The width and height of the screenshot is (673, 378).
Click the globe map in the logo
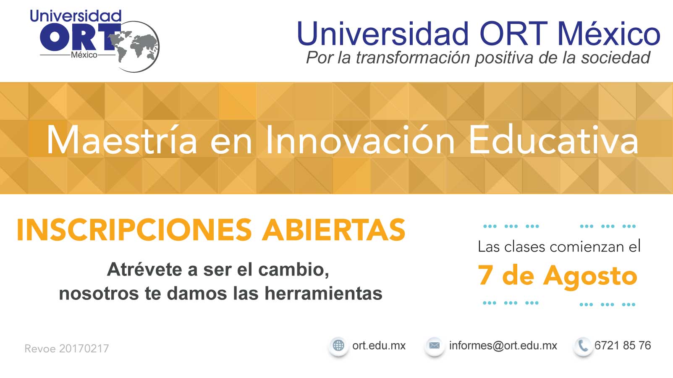(134, 47)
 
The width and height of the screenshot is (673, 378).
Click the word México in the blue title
(609, 33)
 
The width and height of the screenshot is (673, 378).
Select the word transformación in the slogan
(413, 58)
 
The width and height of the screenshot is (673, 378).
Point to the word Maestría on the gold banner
(122, 140)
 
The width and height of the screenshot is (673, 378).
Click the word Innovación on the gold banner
(360, 140)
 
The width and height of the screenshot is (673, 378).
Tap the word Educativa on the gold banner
(553, 140)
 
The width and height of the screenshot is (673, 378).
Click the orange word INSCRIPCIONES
(134, 230)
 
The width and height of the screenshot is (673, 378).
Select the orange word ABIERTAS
(333, 230)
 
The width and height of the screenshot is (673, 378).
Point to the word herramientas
(323, 293)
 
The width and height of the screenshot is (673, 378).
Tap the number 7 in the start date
(485, 275)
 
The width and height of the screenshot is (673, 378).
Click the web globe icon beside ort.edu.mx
(339, 345)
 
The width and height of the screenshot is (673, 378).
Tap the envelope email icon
(435, 345)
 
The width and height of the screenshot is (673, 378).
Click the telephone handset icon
(583, 346)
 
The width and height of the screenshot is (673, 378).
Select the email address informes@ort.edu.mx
(503, 346)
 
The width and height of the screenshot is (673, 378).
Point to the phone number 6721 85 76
(623, 346)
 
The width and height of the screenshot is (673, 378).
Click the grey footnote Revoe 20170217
(67, 349)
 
